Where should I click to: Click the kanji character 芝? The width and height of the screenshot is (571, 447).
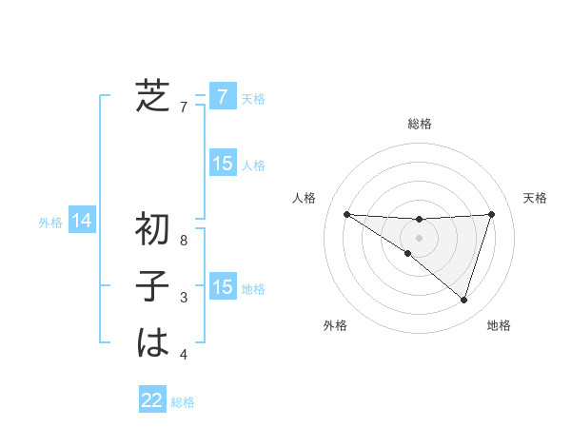click(152, 96)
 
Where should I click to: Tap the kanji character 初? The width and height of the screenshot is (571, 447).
click(152, 229)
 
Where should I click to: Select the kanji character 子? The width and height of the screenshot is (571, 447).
click(152, 286)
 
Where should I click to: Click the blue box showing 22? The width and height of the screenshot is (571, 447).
click(152, 400)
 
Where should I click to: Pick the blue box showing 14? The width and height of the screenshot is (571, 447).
click(82, 222)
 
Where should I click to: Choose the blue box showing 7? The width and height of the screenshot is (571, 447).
click(222, 96)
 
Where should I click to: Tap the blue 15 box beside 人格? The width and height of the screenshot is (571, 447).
click(222, 164)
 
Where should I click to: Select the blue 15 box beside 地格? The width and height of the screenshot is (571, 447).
click(222, 287)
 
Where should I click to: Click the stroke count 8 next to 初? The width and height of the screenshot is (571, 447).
click(184, 241)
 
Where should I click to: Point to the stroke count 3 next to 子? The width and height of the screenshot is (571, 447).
click(184, 298)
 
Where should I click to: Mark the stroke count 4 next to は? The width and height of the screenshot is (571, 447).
click(184, 355)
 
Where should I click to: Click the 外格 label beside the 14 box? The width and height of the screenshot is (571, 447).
click(50, 223)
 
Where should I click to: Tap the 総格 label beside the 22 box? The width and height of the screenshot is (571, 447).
click(183, 402)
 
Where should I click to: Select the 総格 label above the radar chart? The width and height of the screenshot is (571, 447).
click(419, 124)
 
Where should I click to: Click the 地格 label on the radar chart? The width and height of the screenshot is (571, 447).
click(499, 325)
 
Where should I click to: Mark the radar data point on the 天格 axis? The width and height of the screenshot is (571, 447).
click(491, 214)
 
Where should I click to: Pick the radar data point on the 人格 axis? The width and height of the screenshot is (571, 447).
click(346, 214)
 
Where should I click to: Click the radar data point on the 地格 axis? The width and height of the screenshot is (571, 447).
click(463, 300)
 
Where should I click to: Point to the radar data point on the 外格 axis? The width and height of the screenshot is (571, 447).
click(408, 253)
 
